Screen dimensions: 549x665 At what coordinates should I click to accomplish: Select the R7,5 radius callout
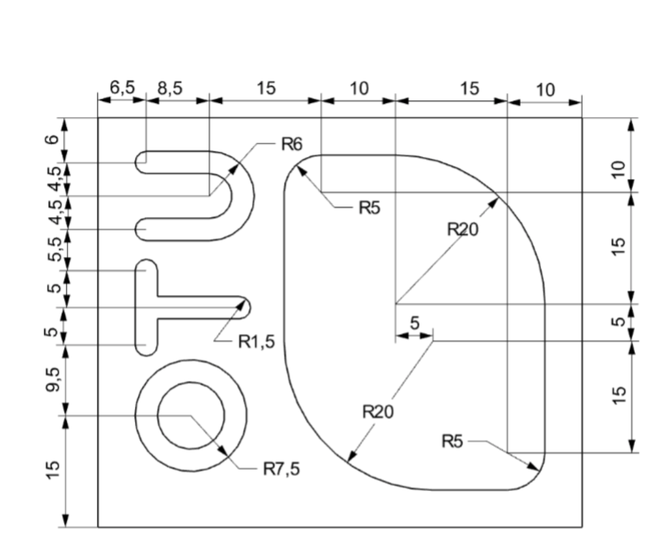click(281, 469)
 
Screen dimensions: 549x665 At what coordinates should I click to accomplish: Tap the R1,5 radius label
click(256, 342)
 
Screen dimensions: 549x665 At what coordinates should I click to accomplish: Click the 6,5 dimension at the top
click(121, 88)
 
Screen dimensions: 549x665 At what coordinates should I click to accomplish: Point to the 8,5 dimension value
click(170, 88)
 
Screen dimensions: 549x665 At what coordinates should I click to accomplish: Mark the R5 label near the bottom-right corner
click(453, 443)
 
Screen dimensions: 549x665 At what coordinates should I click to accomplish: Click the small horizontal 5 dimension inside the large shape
click(415, 323)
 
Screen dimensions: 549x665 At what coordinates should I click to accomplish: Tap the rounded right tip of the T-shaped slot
click(245, 306)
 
